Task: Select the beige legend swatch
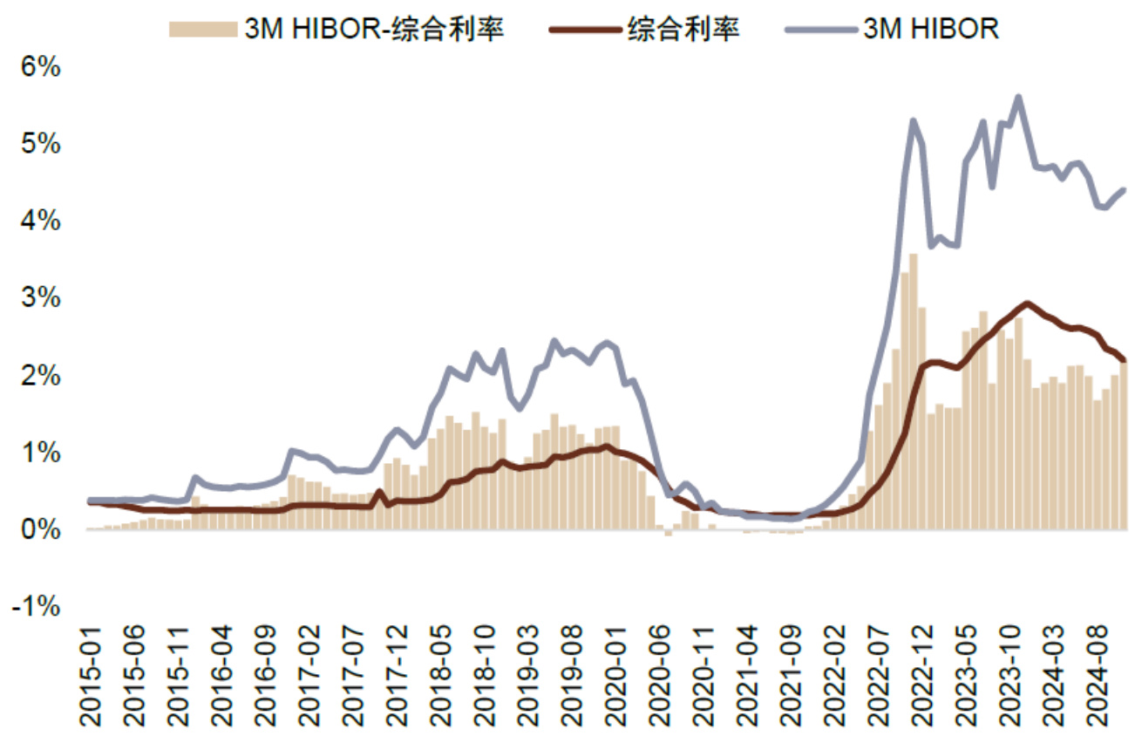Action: [202, 28]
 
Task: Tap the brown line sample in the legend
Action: [585, 28]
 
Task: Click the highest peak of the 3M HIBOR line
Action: [1018, 98]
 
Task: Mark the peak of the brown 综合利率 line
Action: [1027, 303]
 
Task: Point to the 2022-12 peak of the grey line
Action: [913, 121]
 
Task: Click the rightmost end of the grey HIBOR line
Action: [1124, 189]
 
